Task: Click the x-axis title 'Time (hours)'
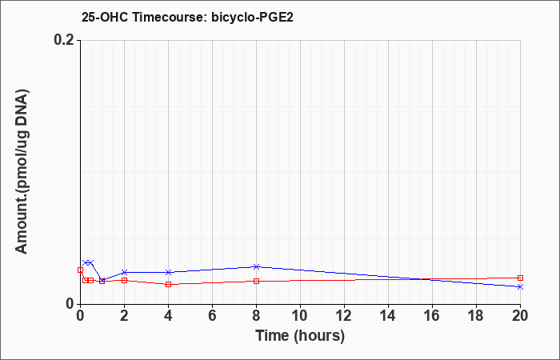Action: pyautogui.click(x=300, y=335)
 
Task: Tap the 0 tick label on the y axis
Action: pyautogui.click(x=70, y=304)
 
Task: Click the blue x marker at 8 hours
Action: pyautogui.click(x=256, y=266)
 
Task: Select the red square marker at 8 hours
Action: pyautogui.click(x=256, y=281)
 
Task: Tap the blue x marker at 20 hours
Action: pyautogui.click(x=520, y=286)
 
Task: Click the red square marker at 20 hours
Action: pyautogui.click(x=520, y=278)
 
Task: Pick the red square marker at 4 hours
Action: pyautogui.click(x=168, y=284)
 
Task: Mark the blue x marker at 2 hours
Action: pyautogui.click(x=124, y=272)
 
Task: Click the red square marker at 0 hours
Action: pyautogui.click(x=80, y=270)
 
